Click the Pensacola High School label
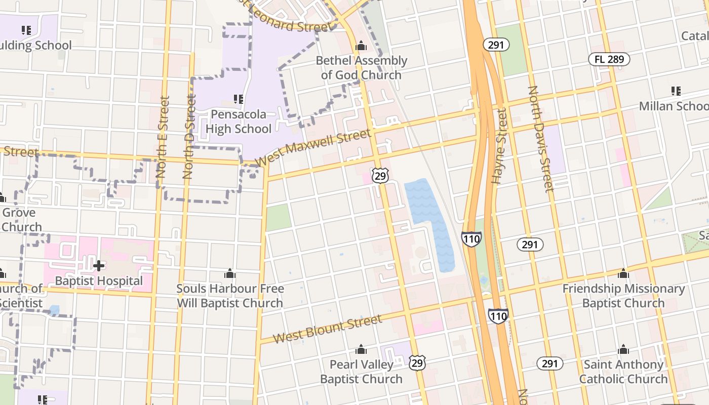[x=239, y=121]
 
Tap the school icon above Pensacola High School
[x=238, y=99]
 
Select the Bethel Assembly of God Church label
[x=361, y=68]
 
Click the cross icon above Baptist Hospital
[x=99, y=265]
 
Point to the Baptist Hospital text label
[x=99, y=280]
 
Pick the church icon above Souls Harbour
[x=229, y=274]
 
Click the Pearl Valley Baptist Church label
[x=361, y=372]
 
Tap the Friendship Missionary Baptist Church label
[x=623, y=296]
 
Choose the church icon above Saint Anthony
[x=623, y=349]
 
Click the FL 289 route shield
[x=609, y=59]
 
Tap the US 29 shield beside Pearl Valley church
[x=417, y=362]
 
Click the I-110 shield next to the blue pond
[x=471, y=238]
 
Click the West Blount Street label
[x=327, y=329]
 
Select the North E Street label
[x=162, y=137]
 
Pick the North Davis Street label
[x=541, y=139]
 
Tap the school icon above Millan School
[x=676, y=91]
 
